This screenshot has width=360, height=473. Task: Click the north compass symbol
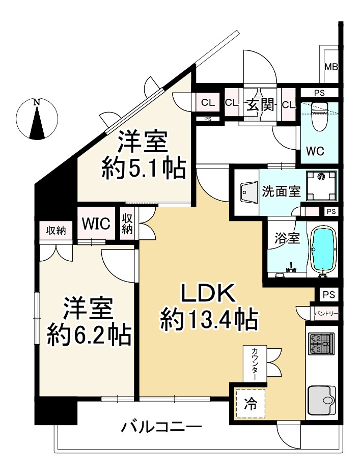36,119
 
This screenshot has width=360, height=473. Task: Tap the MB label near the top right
331,67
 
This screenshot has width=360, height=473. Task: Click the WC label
314,151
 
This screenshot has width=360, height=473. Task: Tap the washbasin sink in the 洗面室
247,193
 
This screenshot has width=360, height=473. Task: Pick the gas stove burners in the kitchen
321,344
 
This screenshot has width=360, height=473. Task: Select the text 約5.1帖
143,168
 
